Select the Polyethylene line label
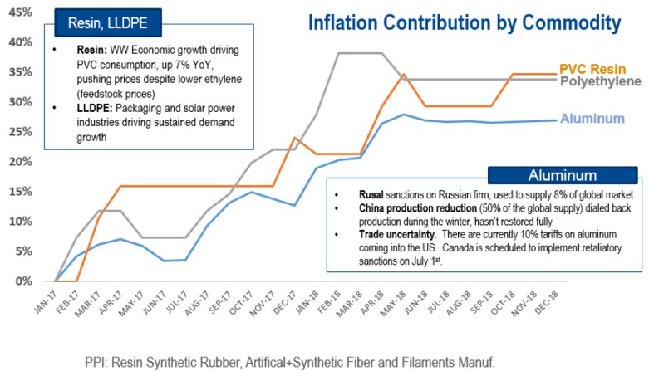pyautogui.click(x=601, y=81)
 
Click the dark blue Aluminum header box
pyautogui.click(x=563, y=174)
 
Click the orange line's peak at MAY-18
pyautogui.click(x=404, y=75)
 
